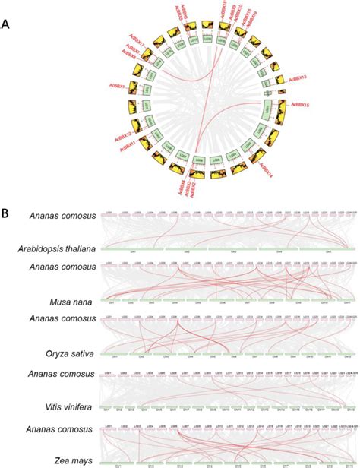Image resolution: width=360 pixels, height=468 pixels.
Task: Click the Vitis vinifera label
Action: click(x=68, y=407)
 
